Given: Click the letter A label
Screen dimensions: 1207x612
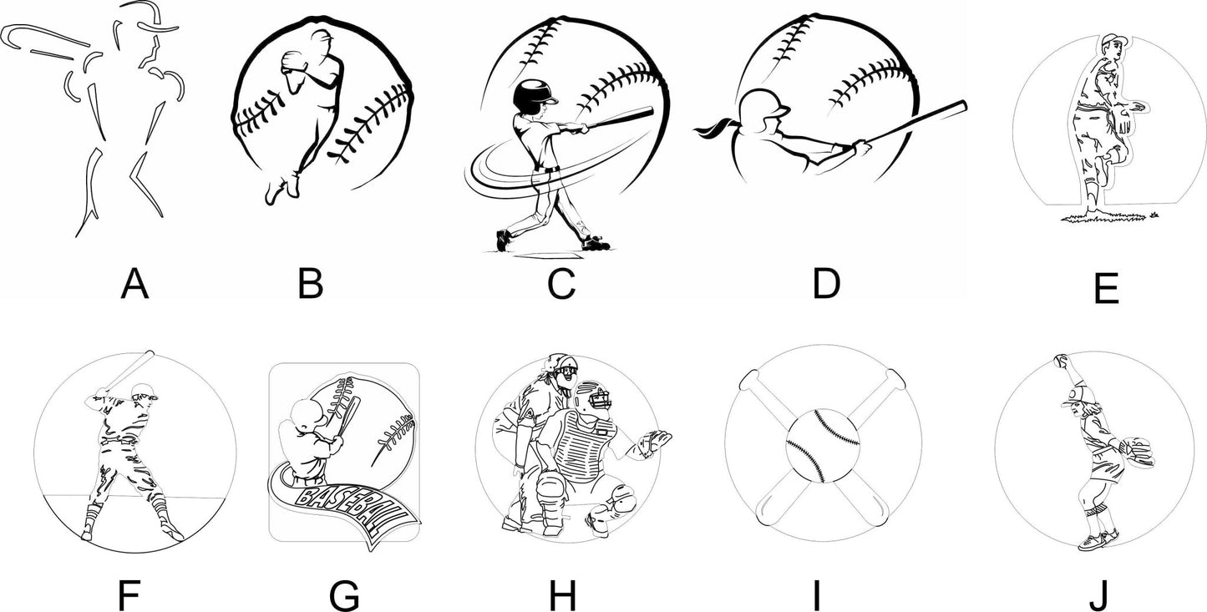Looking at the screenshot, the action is tap(134, 284).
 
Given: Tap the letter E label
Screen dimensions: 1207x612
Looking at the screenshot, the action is tap(1107, 289).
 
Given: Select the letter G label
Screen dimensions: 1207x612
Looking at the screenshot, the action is tap(344, 595).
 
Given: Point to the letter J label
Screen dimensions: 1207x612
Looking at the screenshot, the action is tap(1098, 595).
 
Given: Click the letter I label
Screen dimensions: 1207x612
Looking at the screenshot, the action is tap(817, 595).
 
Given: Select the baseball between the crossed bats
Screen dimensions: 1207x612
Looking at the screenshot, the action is tap(822, 446).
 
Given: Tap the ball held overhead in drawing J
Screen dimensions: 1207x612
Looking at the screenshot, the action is tap(1061, 361).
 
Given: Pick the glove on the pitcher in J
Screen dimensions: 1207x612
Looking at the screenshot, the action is tap(1137, 453).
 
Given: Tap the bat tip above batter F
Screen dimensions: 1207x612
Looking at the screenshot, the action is tap(149, 354).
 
